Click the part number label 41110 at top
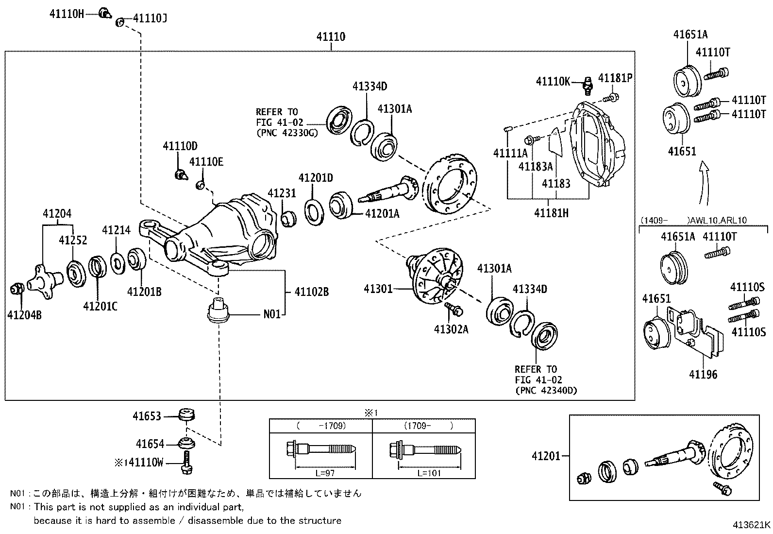tap(331, 37)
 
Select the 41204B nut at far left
tap(16, 290)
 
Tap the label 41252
tap(73, 240)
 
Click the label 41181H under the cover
tap(551, 213)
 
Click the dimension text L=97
tap(325, 472)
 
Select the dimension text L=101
tap(429, 472)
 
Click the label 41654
tap(150, 444)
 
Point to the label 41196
tap(703, 374)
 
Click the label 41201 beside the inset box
tap(546, 456)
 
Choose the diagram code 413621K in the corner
tap(751, 525)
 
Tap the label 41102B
tap(311, 292)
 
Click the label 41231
tap(281, 193)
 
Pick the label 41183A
tap(536, 166)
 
